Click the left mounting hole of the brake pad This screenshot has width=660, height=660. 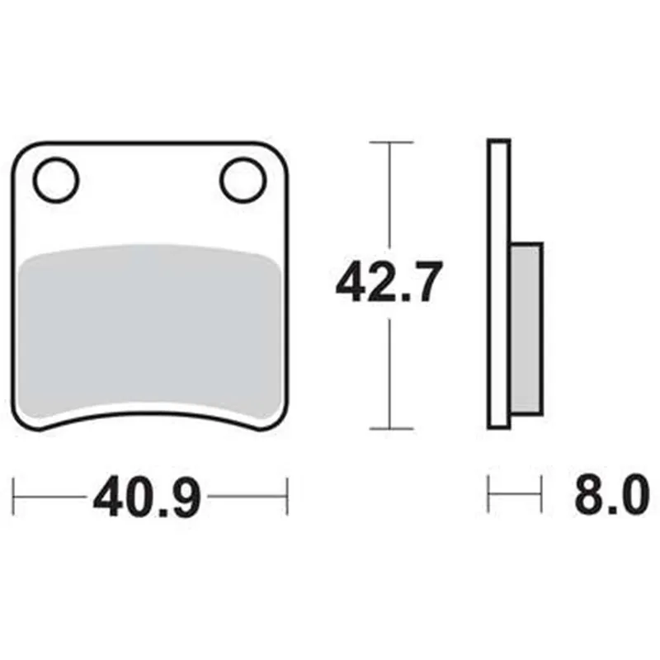pyautogui.click(x=56, y=178)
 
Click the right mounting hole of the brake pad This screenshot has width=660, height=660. pyautogui.click(x=243, y=178)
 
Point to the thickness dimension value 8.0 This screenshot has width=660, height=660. pyautogui.click(x=605, y=497)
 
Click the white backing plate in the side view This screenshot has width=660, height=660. pyautogui.click(x=499, y=285)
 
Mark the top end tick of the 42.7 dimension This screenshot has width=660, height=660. pyautogui.click(x=389, y=143)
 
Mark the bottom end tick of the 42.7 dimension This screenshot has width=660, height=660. pyautogui.click(x=389, y=429)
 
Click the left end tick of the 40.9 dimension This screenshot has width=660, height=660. pyautogui.click(x=16, y=496)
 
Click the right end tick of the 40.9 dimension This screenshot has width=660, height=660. pyautogui.click(x=286, y=496)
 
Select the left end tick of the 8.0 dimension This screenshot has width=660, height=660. pyautogui.click(x=489, y=496)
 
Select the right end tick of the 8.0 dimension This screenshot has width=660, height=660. pyautogui.click(x=541, y=496)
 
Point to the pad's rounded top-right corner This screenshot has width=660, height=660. pyautogui.click(x=277, y=153)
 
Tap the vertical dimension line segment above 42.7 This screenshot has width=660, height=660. pyautogui.click(x=389, y=198)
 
